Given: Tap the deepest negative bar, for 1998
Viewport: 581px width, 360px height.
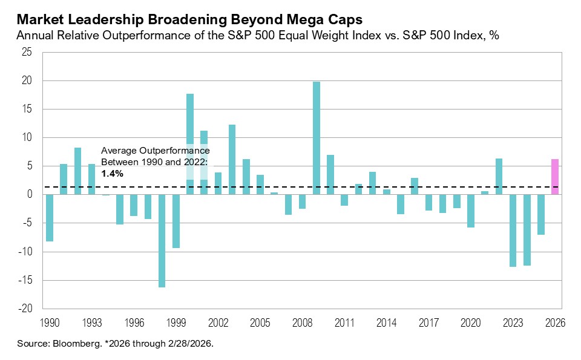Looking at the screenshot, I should pyautogui.click(x=162, y=241).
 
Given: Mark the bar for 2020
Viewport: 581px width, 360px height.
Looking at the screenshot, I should pyautogui.click(x=470, y=211).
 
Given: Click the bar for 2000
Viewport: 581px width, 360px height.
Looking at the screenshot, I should pyautogui.click(x=189, y=144).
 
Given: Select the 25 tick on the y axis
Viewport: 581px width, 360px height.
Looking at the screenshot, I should pyautogui.click(x=27, y=52).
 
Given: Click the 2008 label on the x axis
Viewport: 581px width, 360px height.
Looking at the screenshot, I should pyautogui.click(x=302, y=323).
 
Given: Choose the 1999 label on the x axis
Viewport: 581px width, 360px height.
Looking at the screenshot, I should pyautogui.click(x=176, y=323).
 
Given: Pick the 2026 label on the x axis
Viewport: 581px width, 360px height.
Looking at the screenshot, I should pyautogui.click(x=554, y=323).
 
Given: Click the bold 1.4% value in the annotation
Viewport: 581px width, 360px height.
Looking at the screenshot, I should pyautogui.click(x=112, y=173).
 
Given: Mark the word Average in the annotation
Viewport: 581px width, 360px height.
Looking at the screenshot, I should pyautogui.click(x=119, y=150).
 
